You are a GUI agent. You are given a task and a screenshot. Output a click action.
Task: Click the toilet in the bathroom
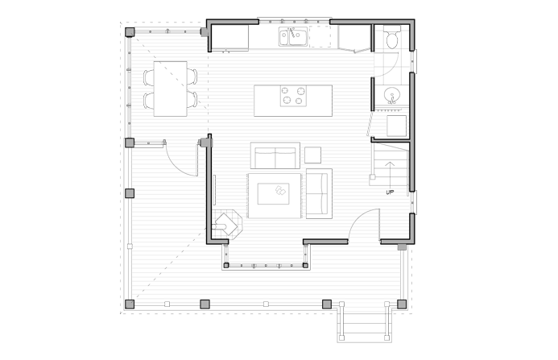click(392, 37)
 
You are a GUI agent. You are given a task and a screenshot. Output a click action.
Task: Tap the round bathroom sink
click(392, 95)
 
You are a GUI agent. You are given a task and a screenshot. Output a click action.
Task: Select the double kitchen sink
click(293, 37)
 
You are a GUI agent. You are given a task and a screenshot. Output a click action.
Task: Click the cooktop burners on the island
click(293, 95)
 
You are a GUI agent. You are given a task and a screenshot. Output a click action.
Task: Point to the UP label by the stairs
click(390, 192)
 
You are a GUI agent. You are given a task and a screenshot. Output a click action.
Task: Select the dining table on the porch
click(171, 89)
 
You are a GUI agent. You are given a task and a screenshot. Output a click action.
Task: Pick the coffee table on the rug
click(273, 194)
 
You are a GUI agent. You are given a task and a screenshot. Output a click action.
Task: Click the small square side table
click(312, 155)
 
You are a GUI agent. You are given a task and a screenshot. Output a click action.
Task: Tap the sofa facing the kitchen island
click(275, 155)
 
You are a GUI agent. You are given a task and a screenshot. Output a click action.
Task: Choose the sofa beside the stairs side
click(319, 194)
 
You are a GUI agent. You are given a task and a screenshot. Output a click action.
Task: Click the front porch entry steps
click(365, 324)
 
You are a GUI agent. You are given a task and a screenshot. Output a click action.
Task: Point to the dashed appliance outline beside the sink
click(320, 36)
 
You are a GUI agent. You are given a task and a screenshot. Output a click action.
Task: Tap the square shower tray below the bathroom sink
click(396, 126)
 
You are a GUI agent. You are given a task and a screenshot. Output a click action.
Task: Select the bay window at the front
click(265, 265)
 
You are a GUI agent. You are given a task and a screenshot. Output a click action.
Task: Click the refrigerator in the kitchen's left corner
click(230, 37)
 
